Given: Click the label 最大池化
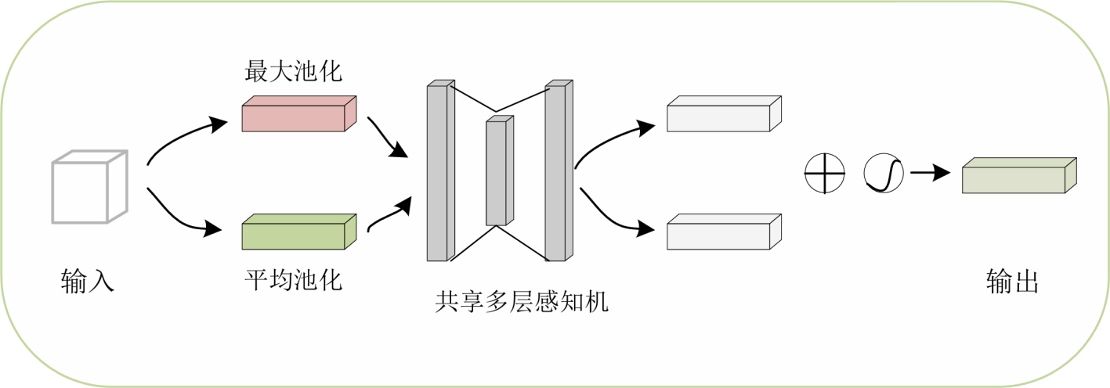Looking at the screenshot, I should tap(294, 73).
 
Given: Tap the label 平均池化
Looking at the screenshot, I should tap(294, 278).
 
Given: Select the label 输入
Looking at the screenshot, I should tap(88, 280).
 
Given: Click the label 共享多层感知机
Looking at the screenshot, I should tap(522, 302).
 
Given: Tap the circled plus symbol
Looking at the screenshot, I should tap(825, 173).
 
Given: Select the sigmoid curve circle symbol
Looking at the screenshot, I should tap(884, 173).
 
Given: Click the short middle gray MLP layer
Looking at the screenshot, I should tap(498, 171).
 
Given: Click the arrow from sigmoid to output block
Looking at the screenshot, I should tap(930, 173).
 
